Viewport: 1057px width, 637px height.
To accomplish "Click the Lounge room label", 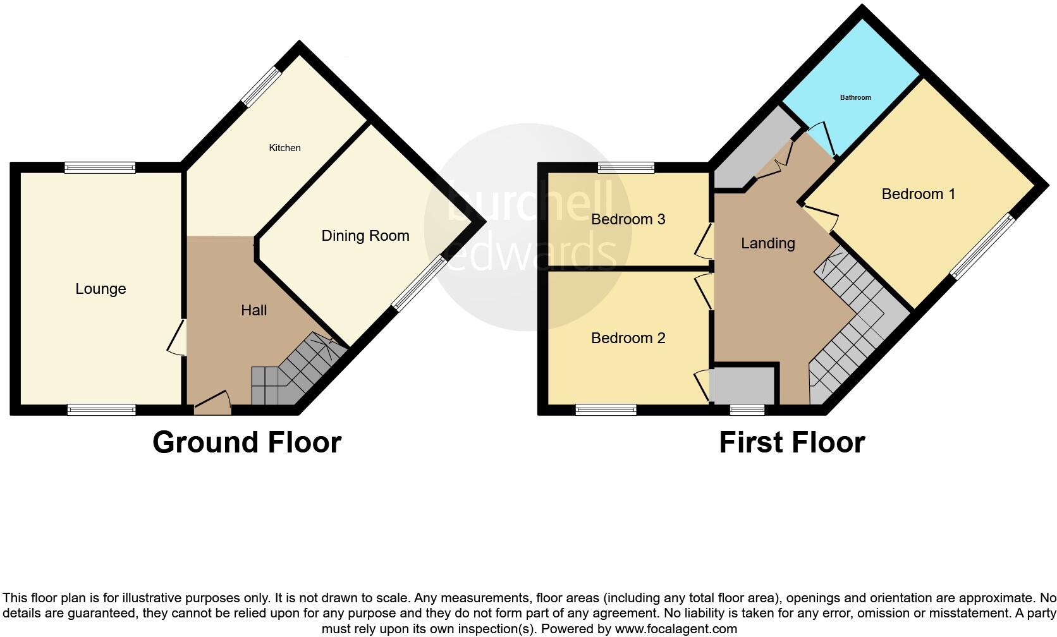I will [x=101, y=289].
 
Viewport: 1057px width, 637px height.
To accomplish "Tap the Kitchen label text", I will [x=284, y=148].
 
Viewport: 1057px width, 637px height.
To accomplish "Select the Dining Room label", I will [x=365, y=236].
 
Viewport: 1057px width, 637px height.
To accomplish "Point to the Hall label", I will [x=254, y=310].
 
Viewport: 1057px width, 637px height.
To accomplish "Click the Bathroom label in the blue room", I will [x=855, y=97].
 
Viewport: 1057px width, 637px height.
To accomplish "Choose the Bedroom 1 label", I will [x=918, y=194].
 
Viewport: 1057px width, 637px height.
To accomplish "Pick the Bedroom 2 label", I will [x=628, y=338].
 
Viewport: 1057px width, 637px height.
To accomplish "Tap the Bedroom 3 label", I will [x=628, y=219].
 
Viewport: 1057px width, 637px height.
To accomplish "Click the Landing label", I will [x=767, y=243].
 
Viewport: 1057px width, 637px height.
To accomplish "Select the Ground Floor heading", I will [x=247, y=442].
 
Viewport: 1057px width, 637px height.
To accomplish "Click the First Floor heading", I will [x=791, y=442].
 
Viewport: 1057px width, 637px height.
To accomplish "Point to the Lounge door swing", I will [x=178, y=337].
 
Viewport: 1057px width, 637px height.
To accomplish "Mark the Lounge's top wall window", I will [x=99, y=167].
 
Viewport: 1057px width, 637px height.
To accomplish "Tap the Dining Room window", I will [x=419, y=283].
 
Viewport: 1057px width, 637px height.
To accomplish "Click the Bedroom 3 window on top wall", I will [x=626, y=167].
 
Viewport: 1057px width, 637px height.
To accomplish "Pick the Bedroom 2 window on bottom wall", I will [x=606, y=410].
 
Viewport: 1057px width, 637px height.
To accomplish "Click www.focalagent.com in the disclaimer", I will [x=676, y=629].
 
